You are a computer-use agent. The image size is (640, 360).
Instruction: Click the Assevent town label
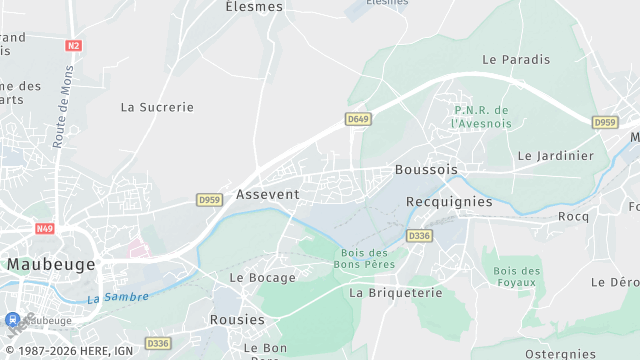pos(267,194)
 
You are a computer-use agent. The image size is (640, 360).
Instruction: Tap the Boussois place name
pos(426,170)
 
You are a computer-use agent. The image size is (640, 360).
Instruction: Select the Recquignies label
pos(449,202)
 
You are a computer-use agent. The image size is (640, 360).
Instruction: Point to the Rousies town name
pos(237,320)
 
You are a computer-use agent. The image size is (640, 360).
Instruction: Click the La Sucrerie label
pos(157,107)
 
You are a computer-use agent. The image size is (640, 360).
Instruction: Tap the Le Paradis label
pos(516,60)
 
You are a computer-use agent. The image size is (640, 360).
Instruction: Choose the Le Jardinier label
pos(556,157)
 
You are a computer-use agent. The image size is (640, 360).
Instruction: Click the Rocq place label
pos(574,217)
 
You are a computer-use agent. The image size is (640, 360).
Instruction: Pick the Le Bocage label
pos(263,278)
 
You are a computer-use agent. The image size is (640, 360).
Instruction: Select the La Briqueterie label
pos(396,293)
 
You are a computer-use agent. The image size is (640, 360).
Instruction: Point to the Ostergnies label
pos(559,354)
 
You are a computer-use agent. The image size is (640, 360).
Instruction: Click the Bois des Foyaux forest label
pos(517,277)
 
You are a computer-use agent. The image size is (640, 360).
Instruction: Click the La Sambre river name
pos(118,297)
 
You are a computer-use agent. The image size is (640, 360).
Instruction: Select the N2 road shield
pos(74,46)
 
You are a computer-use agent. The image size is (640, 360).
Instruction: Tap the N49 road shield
pos(44,228)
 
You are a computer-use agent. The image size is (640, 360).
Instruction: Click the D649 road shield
pos(358,119)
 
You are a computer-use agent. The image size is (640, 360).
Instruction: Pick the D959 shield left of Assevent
pos(209,200)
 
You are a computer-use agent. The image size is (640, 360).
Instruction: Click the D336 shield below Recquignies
pos(419,236)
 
